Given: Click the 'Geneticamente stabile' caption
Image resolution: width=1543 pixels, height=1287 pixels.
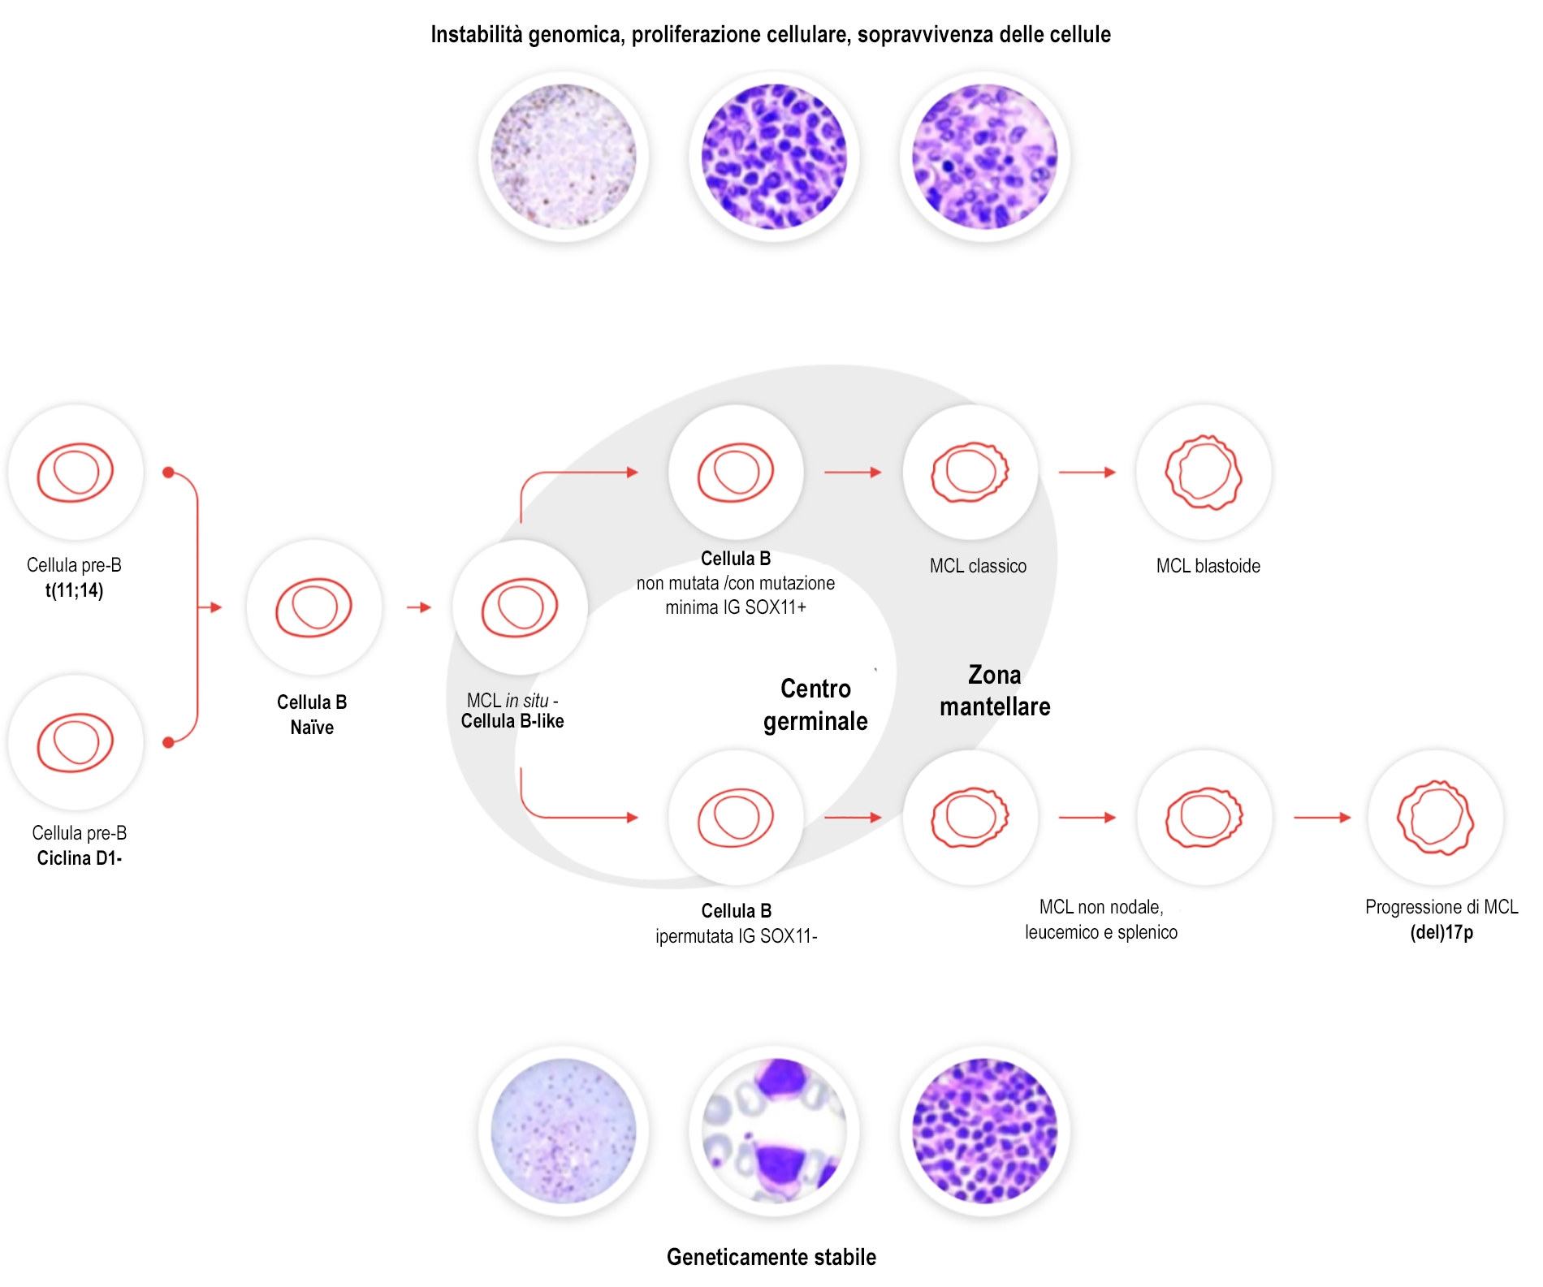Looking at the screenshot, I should pyautogui.click(x=771, y=1257).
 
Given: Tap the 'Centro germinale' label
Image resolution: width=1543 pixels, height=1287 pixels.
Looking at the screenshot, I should pyautogui.click(x=815, y=705).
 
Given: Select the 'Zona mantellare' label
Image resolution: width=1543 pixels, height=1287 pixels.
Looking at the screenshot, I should pyautogui.click(x=994, y=691).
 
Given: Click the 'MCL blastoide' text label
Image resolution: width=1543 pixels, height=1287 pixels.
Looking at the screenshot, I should pyautogui.click(x=1208, y=566).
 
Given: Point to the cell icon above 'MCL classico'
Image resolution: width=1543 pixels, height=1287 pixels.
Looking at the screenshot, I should pyautogui.click(x=970, y=473).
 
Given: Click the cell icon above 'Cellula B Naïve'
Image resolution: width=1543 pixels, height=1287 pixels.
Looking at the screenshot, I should pyautogui.click(x=313, y=607).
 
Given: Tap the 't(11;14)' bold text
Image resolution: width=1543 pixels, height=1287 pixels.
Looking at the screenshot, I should pyautogui.click(x=74, y=590).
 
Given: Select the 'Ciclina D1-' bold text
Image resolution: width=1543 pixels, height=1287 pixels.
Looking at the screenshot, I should pyautogui.click(x=79, y=858).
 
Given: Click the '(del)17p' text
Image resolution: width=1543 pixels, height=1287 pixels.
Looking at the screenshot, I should pyautogui.click(x=1441, y=932).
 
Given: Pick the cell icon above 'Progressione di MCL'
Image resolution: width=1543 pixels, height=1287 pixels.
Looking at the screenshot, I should pyautogui.click(x=1435, y=818).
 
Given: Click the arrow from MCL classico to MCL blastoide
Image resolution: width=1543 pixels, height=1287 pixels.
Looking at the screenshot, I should pyautogui.click(x=1087, y=473).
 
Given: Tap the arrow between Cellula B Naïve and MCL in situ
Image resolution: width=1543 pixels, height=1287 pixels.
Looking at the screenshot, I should pyautogui.click(x=419, y=607).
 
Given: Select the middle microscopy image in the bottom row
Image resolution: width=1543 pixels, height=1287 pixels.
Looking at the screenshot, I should pyautogui.click(x=774, y=1130).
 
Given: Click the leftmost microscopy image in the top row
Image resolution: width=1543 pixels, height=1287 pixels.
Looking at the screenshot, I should pyautogui.click(x=563, y=157).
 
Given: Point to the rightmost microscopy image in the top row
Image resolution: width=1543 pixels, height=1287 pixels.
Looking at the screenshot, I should pyautogui.click(x=984, y=157).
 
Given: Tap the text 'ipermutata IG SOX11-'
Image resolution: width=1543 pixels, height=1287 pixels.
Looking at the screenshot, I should pyautogui.click(x=736, y=936).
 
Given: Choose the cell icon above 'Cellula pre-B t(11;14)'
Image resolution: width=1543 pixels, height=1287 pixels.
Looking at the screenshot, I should pyautogui.click(x=75, y=473).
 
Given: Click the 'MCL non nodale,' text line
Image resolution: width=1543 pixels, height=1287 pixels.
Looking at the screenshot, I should pyautogui.click(x=1100, y=907).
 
